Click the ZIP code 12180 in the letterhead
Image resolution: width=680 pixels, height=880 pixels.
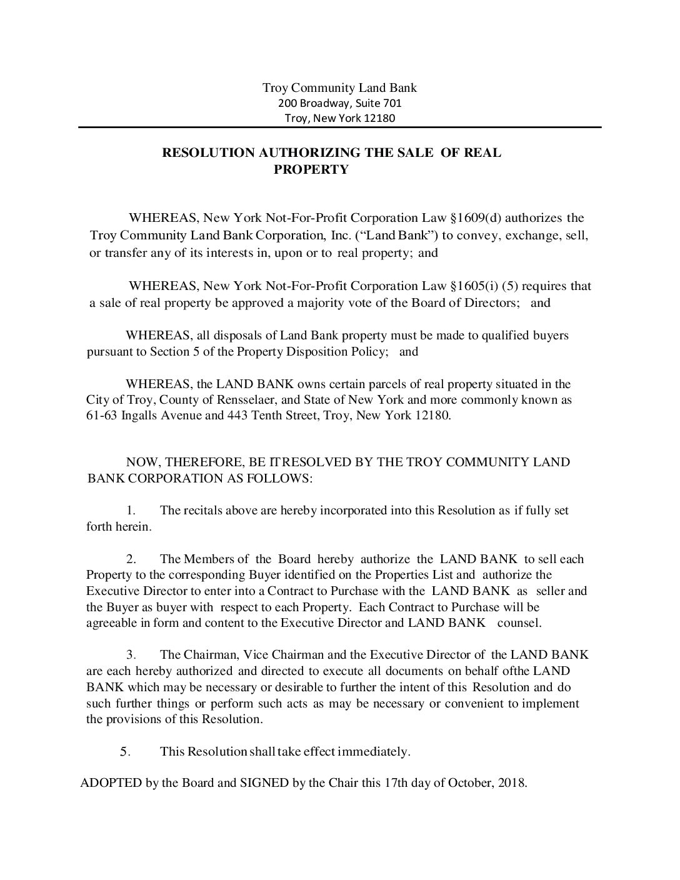click(380, 118)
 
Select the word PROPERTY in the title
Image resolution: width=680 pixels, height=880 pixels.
click(311, 169)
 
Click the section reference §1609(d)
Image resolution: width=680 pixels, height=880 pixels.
click(484, 218)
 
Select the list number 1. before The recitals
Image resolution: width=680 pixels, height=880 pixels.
click(131, 511)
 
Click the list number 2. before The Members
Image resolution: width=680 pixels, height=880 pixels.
click(131, 559)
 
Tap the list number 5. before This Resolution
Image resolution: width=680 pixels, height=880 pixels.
click(125, 752)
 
